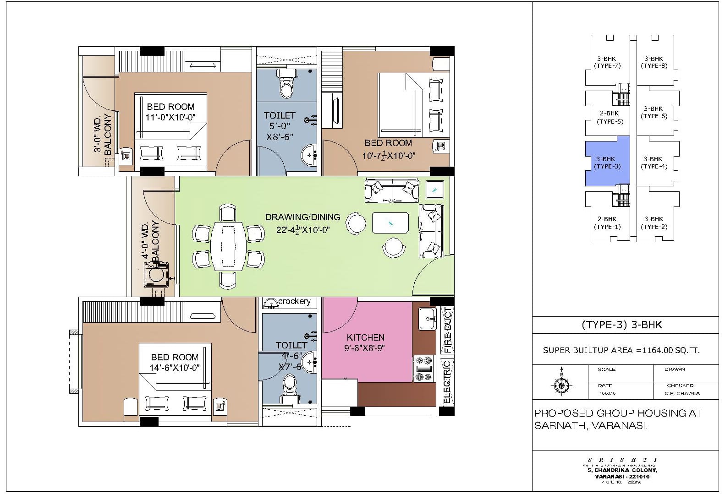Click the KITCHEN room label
365,337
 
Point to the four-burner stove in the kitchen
424,369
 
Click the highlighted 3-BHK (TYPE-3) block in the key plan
607,163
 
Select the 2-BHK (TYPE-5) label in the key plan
610,117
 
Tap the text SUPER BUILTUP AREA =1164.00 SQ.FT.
621,350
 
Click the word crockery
294,301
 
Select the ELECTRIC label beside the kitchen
447,381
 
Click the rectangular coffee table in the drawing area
390,223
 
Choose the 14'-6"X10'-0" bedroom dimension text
175,367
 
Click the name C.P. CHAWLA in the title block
682,393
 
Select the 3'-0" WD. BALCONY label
103,135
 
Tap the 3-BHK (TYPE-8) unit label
654,62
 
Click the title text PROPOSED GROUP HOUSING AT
618,413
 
